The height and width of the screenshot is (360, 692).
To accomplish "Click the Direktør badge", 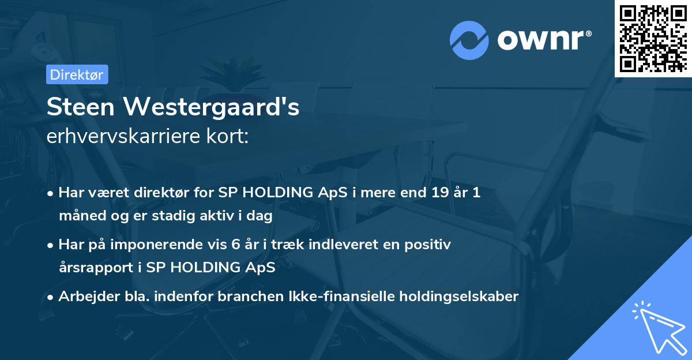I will pos(77,74).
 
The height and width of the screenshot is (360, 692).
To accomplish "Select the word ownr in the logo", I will pos(540,41).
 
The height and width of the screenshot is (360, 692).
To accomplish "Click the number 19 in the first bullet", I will pos(434,193).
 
